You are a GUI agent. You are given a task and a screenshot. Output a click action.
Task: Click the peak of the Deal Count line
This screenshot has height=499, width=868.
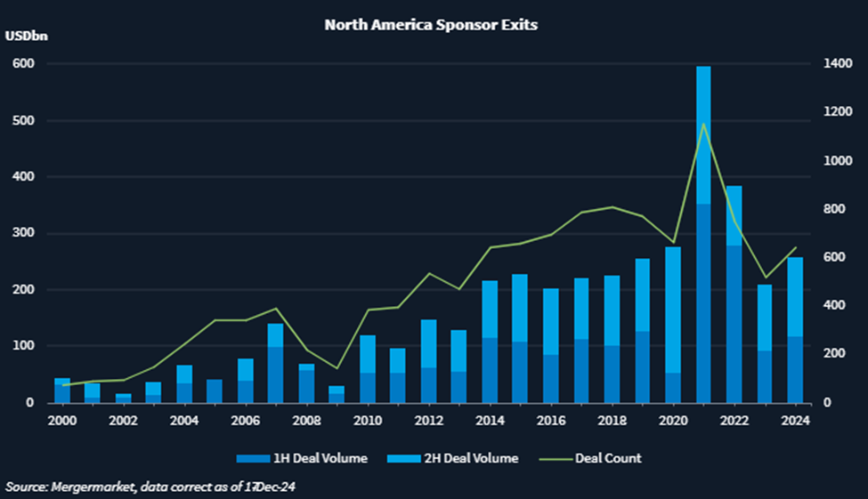703,124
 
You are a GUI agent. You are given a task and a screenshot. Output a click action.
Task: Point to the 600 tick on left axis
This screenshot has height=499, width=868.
22,64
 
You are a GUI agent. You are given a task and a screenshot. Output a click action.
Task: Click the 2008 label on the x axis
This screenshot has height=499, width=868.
305,420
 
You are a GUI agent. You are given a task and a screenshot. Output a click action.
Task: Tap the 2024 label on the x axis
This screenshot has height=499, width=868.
793,420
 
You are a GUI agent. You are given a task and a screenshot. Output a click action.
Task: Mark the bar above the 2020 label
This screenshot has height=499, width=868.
673,325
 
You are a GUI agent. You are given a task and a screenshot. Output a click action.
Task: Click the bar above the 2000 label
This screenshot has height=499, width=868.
62,390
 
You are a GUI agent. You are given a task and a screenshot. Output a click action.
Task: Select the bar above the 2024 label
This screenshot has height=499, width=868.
793,330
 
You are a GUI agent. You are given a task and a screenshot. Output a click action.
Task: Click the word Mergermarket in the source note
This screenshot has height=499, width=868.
86,486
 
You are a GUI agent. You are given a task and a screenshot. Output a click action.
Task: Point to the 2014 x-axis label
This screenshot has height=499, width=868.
489,420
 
